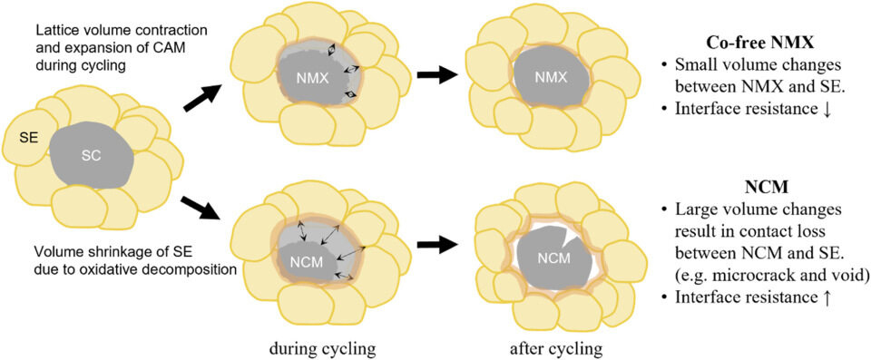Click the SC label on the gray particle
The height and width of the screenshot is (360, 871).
(92, 155)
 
